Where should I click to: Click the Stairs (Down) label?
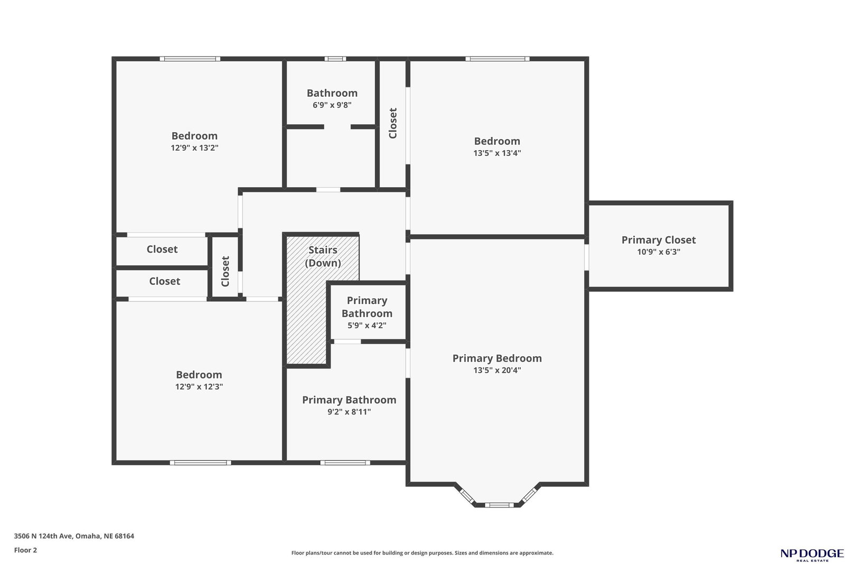tap(323, 256)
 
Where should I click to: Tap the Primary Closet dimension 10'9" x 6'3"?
tap(659, 252)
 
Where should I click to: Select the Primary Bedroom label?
tap(497, 358)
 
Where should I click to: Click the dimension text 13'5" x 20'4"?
tap(497, 371)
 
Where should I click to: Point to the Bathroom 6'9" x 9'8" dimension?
tap(332, 105)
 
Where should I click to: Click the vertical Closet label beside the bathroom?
tap(393, 124)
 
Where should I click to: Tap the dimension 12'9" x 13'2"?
tap(195, 147)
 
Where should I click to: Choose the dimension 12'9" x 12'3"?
tap(199, 386)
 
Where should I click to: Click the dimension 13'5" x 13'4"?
tap(497, 153)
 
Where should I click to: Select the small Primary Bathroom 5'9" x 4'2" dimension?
tap(367, 326)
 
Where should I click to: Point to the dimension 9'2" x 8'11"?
tap(349, 412)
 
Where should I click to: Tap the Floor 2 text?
tap(26, 550)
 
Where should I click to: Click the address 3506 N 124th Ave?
tap(43, 536)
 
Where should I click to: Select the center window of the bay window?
tap(499, 505)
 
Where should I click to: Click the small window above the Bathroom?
tap(335, 59)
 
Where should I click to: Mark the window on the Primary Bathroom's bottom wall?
tap(345, 463)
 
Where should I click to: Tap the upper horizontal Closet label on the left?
tap(162, 249)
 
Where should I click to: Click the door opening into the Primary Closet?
tap(587, 257)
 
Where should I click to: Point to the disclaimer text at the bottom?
tap(422, 553)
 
